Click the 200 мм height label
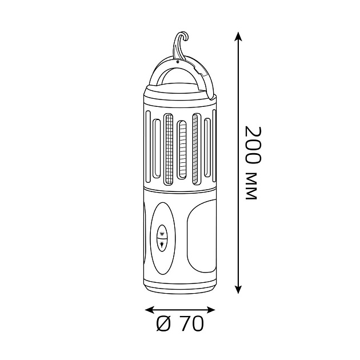tap(253, 163)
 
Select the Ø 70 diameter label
tap(180, 324)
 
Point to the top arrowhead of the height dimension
tap(238, 36)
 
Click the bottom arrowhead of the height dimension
tap(238, 289)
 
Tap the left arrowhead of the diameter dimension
tap(150, 310)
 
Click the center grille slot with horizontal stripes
tap(182, 149)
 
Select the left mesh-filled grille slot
tap(169, 149)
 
